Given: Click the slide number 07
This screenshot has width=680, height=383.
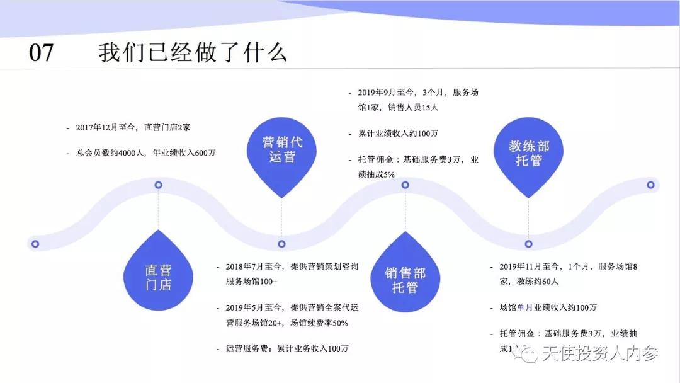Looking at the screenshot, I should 42,52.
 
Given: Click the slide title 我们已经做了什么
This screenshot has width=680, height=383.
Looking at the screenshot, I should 192,52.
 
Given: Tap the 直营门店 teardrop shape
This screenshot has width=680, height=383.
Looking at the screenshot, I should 158,275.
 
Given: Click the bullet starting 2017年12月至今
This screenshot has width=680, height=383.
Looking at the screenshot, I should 133,127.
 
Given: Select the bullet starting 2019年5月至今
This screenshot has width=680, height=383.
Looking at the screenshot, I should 291,315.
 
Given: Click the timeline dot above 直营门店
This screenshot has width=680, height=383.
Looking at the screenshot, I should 159,185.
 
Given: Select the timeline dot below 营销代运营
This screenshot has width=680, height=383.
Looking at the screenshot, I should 281,243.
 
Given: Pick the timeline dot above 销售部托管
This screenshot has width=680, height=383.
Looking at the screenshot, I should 405,185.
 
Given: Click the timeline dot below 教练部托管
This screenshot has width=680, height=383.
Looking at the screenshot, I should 529,243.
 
